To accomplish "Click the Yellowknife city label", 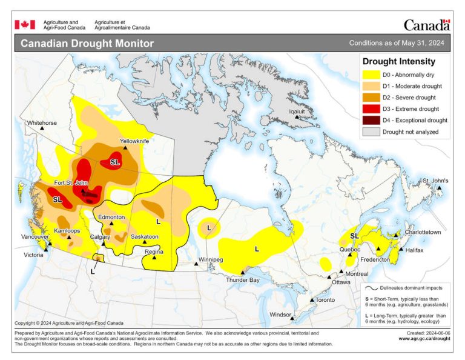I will [x=134, y=141].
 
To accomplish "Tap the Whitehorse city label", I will [x=42, y=123].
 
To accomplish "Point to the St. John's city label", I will [x=435, y=181].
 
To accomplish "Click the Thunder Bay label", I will [x=242, y=280].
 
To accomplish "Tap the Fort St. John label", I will [x=72, y=183].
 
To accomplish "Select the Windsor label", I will [x=280, y=315].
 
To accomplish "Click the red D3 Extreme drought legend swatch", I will [x=371, y=109].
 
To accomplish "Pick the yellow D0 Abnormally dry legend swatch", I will [x=371, y=75].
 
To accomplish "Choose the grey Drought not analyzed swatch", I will [x=371, y=132].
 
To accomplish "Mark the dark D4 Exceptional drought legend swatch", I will [x=371, y=121].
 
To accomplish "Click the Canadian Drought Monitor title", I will [x=87, y=44].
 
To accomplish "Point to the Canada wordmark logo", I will [x=426, y=25].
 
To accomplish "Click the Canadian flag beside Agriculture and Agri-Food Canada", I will [x=25, y=25].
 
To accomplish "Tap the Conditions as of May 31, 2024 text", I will [x=397, y=44].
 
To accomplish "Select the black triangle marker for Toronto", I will [x=312, y=301].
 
